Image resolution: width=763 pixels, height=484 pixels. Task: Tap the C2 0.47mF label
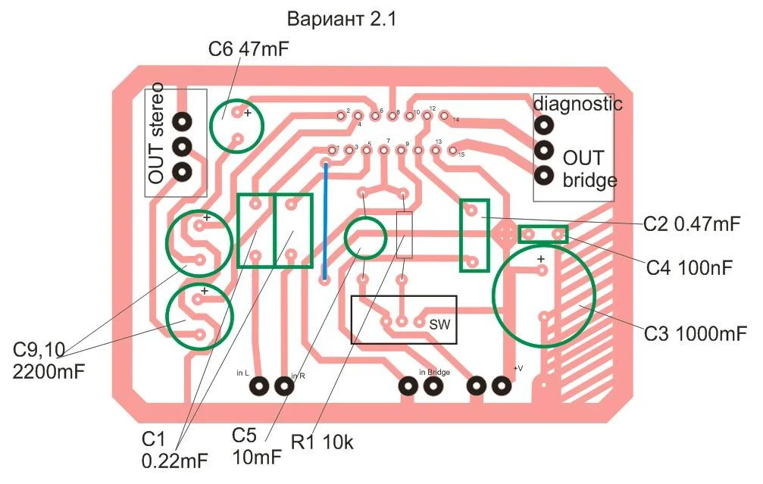click(690, 224)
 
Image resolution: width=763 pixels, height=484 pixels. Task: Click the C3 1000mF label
click(696, 333)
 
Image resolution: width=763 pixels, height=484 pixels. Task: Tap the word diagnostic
click(578, 104)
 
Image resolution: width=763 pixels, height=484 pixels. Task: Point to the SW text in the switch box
click(439, 323)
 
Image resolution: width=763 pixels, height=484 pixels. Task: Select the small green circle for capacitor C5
click(365, 237)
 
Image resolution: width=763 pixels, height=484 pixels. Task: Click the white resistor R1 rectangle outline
click(405, 235)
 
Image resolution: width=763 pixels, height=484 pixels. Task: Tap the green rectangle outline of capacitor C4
click(543, 235)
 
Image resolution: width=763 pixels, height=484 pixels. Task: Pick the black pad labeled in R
click(284, 386)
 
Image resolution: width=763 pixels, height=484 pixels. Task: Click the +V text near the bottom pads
click(518, 368)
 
